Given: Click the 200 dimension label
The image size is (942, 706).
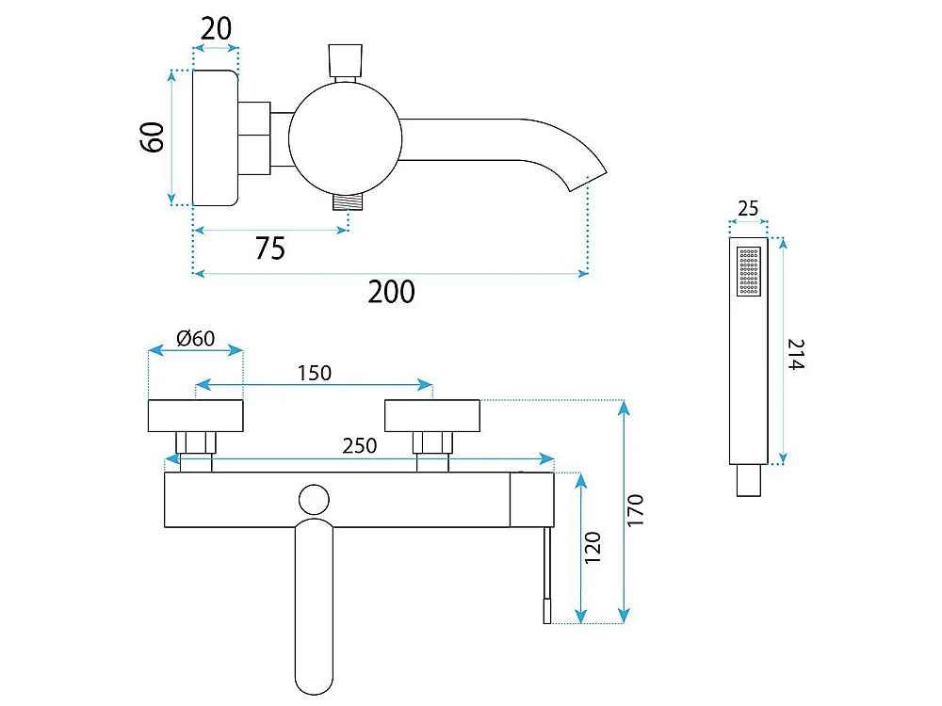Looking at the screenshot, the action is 391,292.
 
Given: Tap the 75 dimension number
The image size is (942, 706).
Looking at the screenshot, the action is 269,248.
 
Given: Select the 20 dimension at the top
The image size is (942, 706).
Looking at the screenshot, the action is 216,29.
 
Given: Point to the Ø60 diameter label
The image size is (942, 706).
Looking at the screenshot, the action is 195,339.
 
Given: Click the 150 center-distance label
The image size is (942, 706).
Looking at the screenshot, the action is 315,374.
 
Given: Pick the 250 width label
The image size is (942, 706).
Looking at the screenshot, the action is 359,446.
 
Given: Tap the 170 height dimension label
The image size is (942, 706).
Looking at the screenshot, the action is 635,511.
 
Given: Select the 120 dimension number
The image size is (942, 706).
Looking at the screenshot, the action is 593,548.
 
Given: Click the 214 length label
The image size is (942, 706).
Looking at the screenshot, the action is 796,354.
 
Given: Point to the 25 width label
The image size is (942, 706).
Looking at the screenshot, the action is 748,209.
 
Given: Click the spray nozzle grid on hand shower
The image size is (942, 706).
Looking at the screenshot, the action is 749,271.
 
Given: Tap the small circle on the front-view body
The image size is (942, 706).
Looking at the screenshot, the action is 315,500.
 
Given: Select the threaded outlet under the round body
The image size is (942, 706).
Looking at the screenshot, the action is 349,201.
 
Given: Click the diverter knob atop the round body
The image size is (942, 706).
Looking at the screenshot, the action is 346,59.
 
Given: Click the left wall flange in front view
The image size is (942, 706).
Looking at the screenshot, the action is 195,415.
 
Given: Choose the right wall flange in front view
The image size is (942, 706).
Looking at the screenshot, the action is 432,415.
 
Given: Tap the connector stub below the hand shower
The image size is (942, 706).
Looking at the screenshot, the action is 749,480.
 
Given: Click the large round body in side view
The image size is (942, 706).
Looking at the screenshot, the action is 345,138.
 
